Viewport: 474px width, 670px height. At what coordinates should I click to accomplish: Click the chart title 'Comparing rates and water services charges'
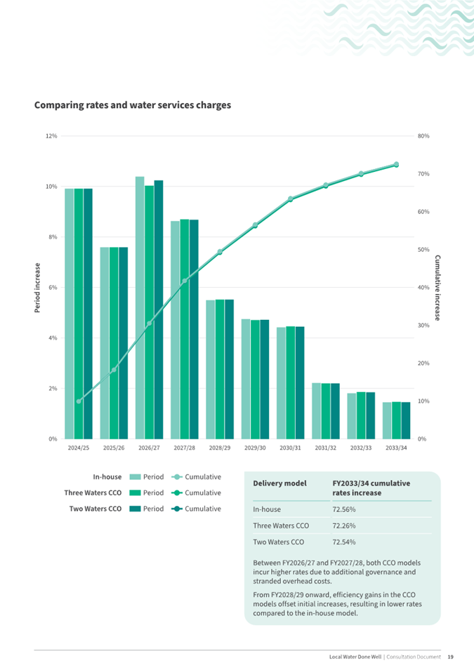[133, 105]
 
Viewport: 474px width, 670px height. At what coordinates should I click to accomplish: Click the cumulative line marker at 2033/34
[396, 164]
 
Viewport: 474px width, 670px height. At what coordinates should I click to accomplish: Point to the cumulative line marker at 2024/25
[79, 401]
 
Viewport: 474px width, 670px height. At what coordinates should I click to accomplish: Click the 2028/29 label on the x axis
[219, 448]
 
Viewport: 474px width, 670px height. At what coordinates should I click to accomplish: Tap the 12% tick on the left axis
[51, 136]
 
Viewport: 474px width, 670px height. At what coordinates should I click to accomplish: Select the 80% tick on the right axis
[423, 136]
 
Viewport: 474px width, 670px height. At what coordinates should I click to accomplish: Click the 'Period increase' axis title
[38, 288]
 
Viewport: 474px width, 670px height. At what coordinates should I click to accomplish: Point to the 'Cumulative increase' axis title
[437, 288]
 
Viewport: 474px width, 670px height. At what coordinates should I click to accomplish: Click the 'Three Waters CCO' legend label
[93, 493]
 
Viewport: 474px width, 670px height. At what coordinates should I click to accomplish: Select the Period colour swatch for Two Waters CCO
[136, 509]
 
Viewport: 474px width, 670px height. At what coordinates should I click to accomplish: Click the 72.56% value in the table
[343, 510]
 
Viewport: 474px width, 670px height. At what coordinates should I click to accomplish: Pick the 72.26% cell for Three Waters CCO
[343, 525]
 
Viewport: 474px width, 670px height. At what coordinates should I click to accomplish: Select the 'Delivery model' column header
[280, 483]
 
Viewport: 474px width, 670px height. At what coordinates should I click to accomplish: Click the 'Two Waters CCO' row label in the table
[278, 542]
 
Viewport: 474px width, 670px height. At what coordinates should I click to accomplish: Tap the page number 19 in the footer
[450, 657]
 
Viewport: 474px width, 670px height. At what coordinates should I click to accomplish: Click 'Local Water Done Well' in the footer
[355, 657]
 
